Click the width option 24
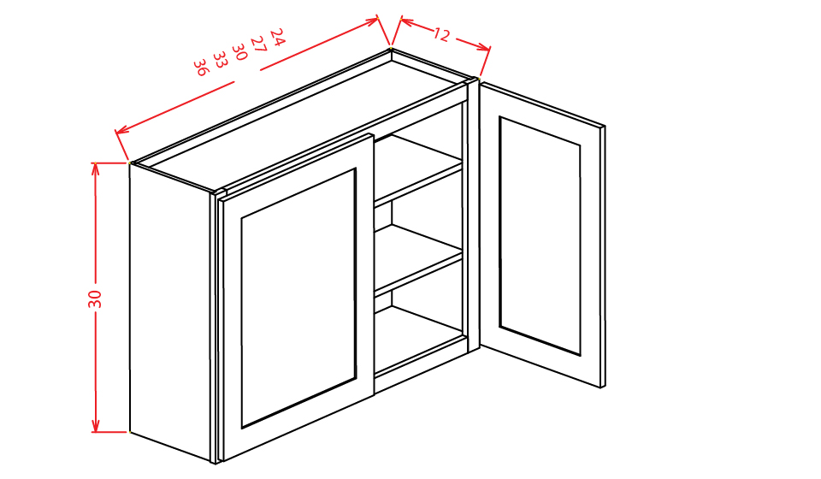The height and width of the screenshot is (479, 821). click(276, 35)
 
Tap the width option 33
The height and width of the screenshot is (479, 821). click(220, 59)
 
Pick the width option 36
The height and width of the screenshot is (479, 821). click(201, 67)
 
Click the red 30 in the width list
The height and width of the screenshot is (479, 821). click(239, 51)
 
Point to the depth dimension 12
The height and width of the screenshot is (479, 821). click(441, 35)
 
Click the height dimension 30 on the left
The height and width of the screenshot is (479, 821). click(95, 299)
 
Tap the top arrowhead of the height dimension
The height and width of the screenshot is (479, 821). click(96, 166)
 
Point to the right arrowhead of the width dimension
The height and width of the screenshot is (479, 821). click(374, 20)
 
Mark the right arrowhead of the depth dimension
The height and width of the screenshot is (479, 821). click(486, 49)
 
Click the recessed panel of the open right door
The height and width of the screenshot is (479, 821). click(540, 235)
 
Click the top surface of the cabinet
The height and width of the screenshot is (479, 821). click(299, 120)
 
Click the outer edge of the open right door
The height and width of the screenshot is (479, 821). click(603, 257)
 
